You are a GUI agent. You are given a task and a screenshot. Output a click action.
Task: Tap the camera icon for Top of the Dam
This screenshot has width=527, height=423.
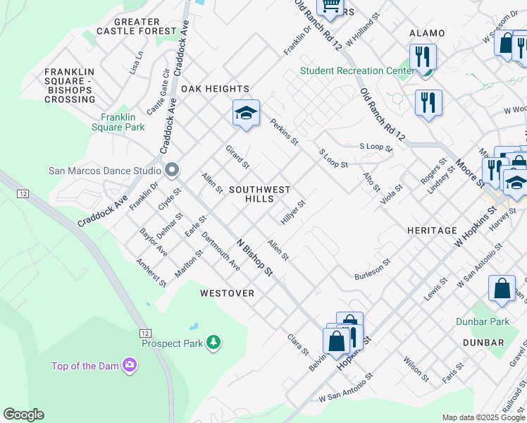point(129,365)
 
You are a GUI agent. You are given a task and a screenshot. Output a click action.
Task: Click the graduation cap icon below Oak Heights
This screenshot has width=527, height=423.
point(246,114)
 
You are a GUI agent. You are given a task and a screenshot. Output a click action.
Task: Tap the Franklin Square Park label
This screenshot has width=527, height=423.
point(123,122)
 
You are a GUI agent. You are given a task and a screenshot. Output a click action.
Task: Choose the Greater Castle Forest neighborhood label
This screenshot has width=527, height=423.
point(137,26)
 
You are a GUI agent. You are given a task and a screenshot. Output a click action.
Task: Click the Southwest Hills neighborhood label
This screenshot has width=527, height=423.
point(259,194)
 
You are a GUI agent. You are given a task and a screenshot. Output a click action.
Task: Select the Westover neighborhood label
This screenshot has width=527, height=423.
point(227,293)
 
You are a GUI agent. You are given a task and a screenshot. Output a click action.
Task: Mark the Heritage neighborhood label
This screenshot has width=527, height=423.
point(432,231)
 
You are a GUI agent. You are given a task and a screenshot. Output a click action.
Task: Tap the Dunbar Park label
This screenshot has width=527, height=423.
point(490,321)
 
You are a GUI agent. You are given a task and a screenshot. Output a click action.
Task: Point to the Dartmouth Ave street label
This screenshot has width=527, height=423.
point(221,251)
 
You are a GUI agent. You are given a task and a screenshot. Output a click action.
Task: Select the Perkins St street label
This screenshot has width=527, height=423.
point(285,133)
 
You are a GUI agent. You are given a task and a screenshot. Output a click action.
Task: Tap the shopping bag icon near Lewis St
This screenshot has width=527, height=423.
point(501,289)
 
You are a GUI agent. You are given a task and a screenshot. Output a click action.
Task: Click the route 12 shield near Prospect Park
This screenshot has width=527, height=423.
point(145,333)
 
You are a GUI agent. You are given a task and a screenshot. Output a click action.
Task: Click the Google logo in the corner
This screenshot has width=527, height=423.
point(23,415)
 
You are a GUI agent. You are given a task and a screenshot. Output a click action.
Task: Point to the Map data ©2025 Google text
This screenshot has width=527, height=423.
point(483,417)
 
